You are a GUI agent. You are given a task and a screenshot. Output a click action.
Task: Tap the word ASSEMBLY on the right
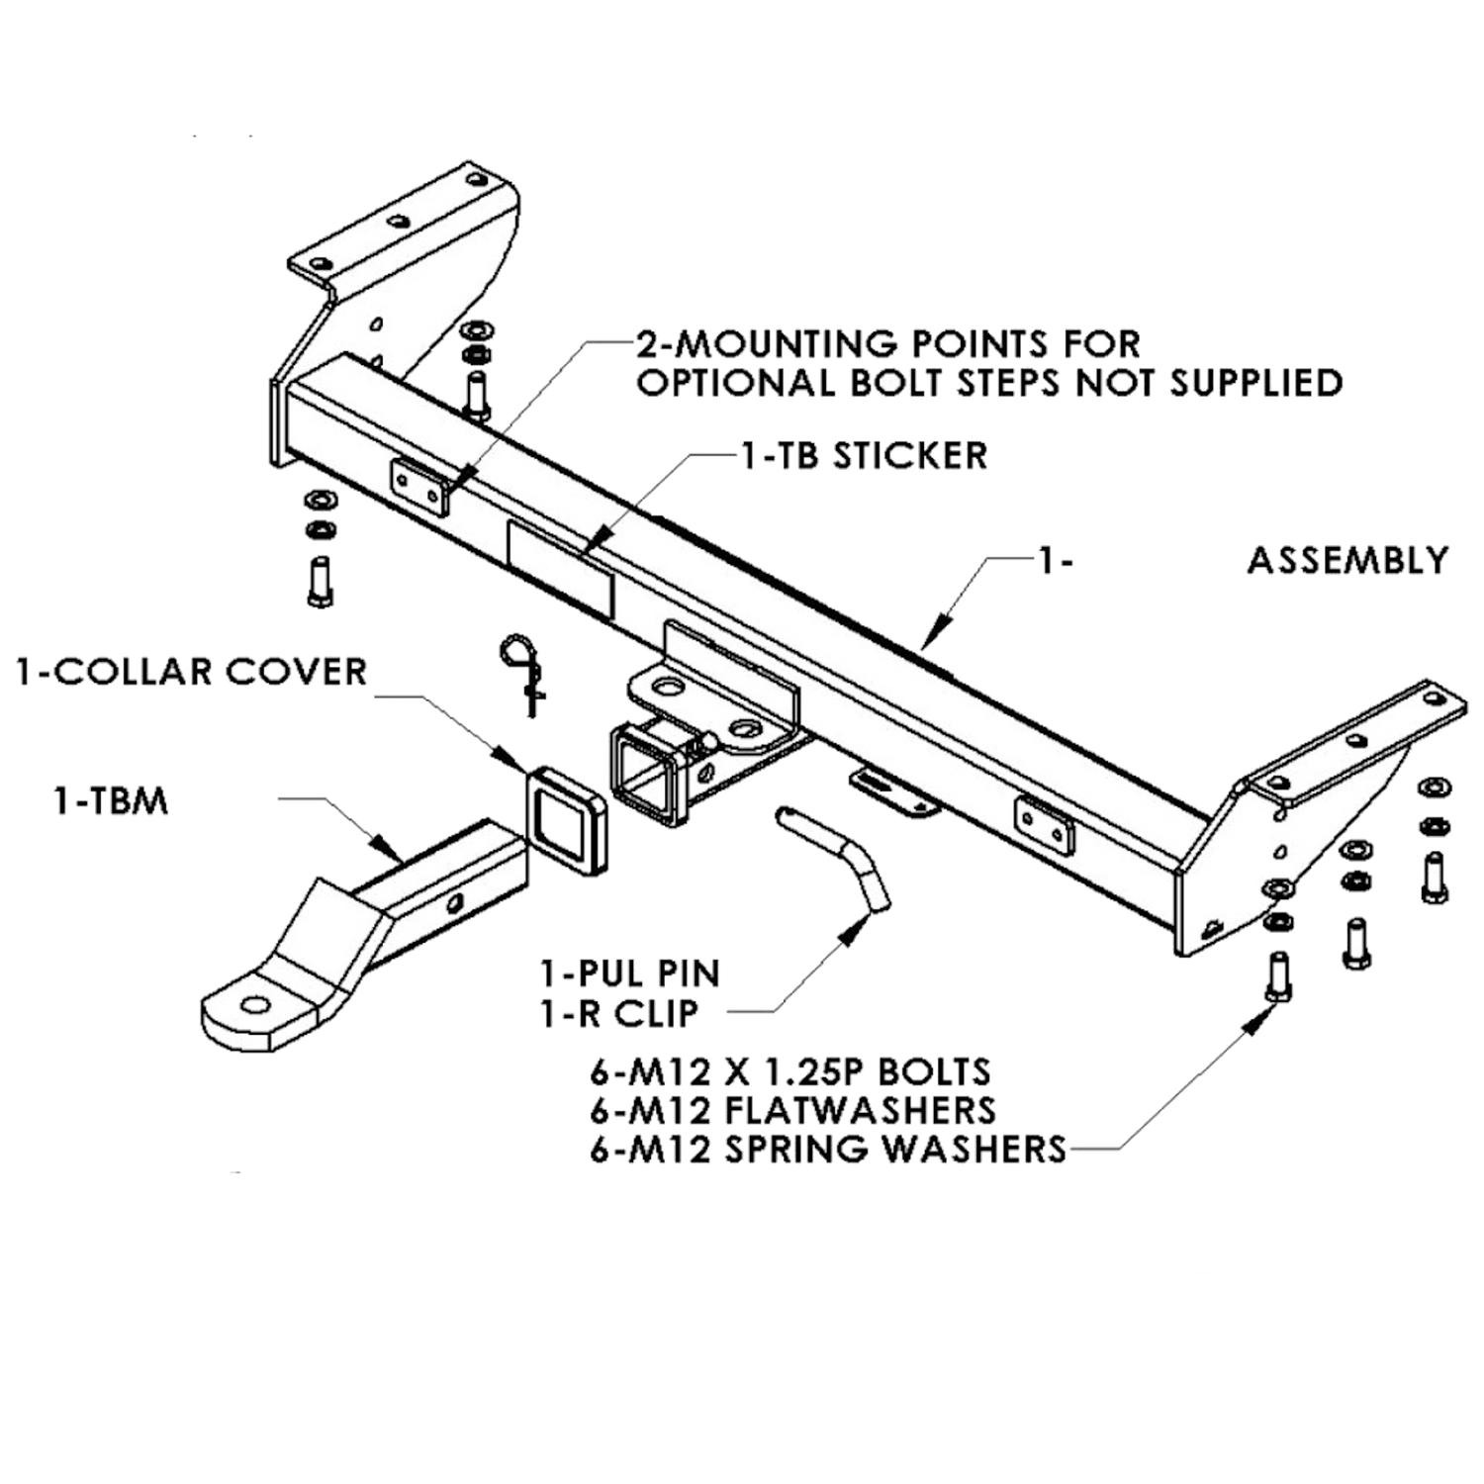[1347, 561]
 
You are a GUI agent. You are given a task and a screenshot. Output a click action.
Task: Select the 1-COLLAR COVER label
[191, 672]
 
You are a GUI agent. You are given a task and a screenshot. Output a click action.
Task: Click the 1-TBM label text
[110, 800]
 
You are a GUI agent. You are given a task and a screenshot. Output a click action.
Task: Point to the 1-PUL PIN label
[629, 974]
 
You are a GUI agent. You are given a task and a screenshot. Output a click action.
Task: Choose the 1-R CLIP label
[619, 1013]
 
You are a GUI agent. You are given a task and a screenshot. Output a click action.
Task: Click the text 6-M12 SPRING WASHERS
[828, 1150]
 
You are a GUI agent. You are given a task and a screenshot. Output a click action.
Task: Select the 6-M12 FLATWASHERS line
[792, 1110]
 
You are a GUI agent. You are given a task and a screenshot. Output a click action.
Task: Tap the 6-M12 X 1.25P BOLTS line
[790, 1071]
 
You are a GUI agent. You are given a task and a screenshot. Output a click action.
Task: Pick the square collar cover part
[566, 819]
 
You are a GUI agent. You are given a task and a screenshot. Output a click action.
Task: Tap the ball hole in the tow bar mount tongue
[255, 1005]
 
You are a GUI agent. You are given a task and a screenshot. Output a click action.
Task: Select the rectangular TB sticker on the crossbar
[560, 571]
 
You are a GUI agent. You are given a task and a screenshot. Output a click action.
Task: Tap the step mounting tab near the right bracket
[1045, 826]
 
